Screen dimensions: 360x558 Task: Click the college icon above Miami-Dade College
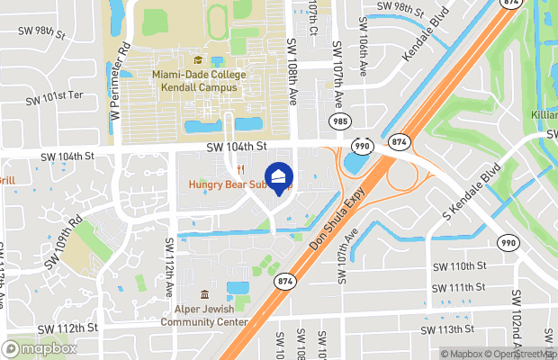click(198, 60)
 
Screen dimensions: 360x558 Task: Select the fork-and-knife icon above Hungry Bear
click(240, 169)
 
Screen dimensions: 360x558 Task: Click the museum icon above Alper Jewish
click(203, 295)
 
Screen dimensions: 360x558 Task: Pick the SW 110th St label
click(459, 266)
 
